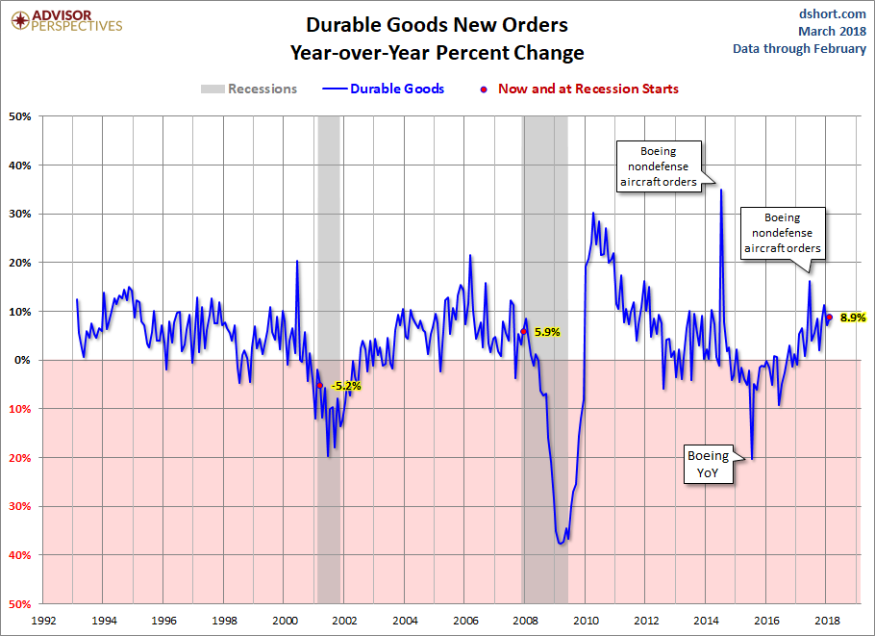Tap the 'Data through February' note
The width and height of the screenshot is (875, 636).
799,48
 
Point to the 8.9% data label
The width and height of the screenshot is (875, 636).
853,317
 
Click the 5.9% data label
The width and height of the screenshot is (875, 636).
547,332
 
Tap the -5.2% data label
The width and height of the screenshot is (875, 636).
345,386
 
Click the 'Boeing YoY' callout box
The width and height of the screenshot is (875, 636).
707,464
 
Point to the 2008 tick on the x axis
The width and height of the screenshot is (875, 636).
525,621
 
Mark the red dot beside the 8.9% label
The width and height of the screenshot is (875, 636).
829,317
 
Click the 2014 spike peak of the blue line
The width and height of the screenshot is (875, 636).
720,191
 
